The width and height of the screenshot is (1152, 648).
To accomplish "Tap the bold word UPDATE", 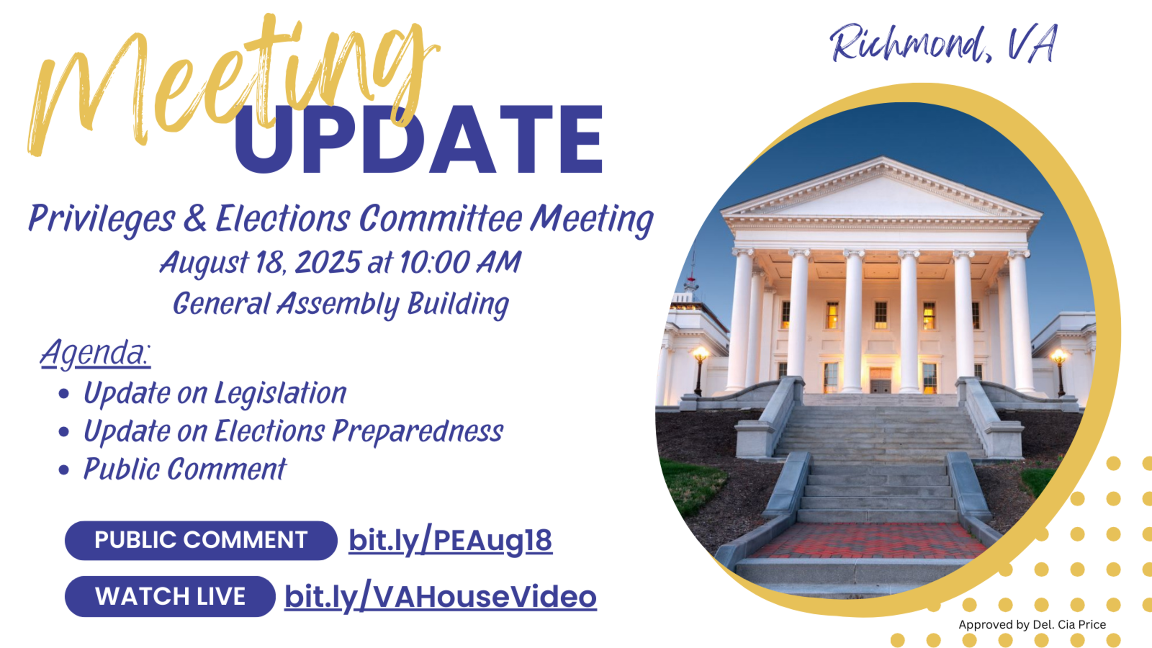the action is tap(418, 139).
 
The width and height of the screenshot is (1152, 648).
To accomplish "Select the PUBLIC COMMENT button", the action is tap(201, 540).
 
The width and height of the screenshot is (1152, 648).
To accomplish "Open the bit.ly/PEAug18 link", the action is tap(450, 541).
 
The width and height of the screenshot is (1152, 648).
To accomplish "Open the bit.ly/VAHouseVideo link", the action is tap(441, 597).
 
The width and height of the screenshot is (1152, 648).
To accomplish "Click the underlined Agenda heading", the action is tap(95, 353).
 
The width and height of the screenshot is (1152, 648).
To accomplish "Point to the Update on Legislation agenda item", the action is tap(215, 394).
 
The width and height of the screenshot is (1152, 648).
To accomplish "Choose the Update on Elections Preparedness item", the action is tap(293, 432).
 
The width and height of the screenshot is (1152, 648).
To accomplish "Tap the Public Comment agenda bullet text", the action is tap(185, 469).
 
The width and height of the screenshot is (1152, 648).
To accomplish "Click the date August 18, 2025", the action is tap(260, 263).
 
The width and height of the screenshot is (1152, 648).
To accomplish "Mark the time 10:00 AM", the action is tap(460, 262).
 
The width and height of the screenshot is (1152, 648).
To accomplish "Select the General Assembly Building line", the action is tap(341, 304).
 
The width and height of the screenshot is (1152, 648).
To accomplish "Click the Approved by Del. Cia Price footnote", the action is tap(1032, 624).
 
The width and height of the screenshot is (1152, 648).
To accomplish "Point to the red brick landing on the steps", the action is tap(869, 540).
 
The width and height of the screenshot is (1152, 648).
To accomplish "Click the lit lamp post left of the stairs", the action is tap(700, 369).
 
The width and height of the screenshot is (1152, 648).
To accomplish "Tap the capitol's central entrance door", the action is tap(880, 380).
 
